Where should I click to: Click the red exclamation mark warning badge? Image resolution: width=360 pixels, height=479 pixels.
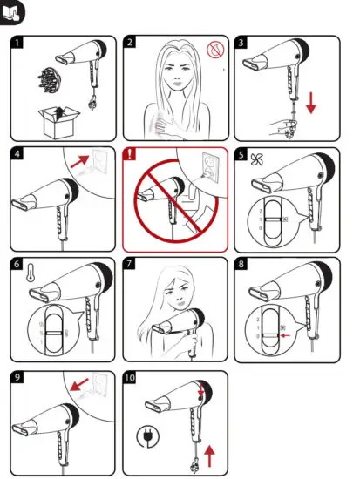click(132, 154)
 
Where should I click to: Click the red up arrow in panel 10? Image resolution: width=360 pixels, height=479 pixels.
click(210, 451)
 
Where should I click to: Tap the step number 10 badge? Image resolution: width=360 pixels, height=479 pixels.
click(132, 377)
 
